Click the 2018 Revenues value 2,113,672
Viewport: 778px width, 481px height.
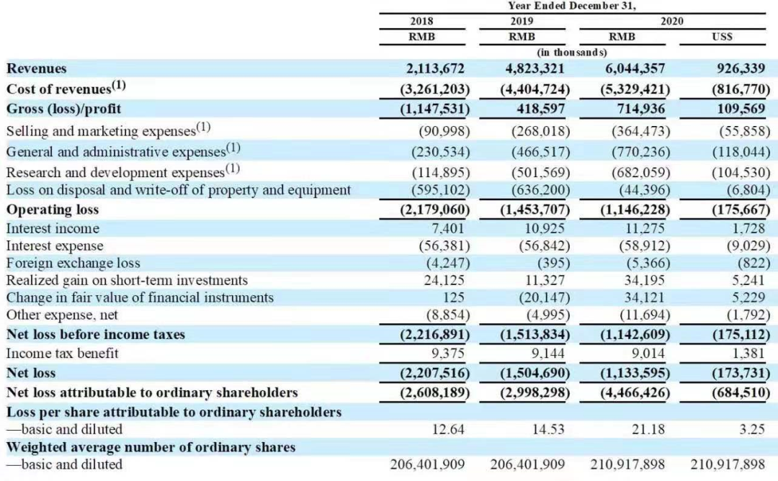coord(435,68)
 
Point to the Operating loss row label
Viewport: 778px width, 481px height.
coord(53,210)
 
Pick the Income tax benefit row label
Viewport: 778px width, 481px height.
coord(63,354)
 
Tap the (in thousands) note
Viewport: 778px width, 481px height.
coord(572,52)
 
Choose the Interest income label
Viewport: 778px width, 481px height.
coord(53,228)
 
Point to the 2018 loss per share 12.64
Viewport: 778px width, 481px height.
coord(450,429)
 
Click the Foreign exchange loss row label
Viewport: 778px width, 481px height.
coord(73,263)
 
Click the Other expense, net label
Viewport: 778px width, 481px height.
coord(62,315)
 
